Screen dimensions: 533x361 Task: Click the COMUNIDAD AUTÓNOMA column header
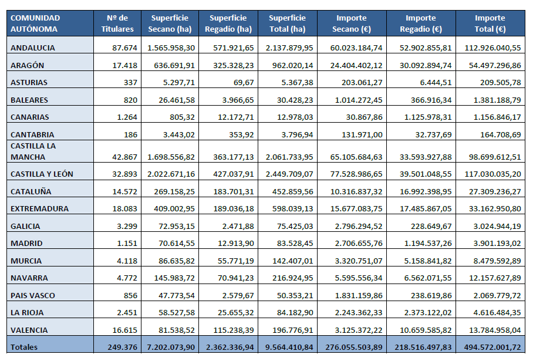(x=35, y=23)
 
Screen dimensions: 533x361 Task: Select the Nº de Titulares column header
(x=117, y=23)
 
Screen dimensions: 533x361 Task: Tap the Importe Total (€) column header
(x=490, y=23)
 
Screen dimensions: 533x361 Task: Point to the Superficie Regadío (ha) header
(x=228, y=23)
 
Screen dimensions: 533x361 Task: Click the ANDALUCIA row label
(x=33, y=48)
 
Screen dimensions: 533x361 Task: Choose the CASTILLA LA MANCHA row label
(x=33, y=151)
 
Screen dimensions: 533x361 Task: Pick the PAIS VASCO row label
(x=33, y=296)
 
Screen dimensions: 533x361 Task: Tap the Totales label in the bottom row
(x=24, y=347)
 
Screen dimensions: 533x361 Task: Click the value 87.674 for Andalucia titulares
(x=125, y=48)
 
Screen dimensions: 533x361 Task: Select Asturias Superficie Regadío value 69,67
(x=244, y=83)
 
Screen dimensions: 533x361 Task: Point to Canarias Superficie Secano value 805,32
(x=182, y=117)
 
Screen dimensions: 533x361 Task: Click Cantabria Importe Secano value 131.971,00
(x=362, y=135)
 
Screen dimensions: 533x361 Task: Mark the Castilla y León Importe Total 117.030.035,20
(x=493, y=174)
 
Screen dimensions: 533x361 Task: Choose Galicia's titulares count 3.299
(x=127, y=227)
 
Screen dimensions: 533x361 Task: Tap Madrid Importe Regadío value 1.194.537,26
(x=428, y=244)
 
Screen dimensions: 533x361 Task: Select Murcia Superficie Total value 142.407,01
(x=293, y=261)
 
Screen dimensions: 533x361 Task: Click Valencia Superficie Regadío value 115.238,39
(x=234, y=330)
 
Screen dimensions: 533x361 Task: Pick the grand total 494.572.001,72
(x=492, y=347)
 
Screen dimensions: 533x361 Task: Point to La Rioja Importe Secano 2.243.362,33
(x=359, y=313)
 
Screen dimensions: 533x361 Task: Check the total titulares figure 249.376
(x=122, y=347)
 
